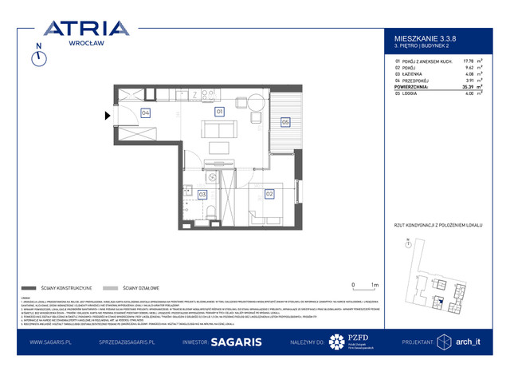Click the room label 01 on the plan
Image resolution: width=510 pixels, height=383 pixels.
(219, 112)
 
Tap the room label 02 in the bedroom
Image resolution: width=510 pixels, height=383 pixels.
(269, 194)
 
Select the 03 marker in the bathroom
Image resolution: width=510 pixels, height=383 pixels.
(202, 194)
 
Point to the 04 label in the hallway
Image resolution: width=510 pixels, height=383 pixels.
(146, 113)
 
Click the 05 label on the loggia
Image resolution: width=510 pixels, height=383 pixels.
(285, 121)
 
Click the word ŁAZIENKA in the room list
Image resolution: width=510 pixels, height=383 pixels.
(421, 73)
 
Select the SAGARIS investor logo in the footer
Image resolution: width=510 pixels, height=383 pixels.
(232, 342)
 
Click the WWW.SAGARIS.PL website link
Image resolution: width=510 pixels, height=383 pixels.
(53, 342)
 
